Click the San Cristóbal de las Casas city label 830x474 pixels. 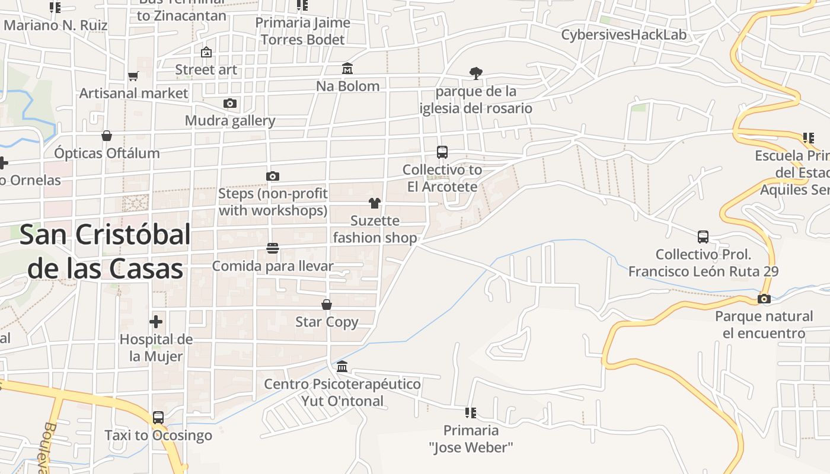pyautogui.click(x=106, y=252)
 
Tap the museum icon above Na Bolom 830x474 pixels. pyautogui.click(x=347, y=69)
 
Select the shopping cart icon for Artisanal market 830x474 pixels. pyautogui.click(x=133, y=76)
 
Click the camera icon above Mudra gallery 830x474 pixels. pyautogui.click(x=229, y=104)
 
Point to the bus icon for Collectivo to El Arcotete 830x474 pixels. pyautogui.click(x=442, y=152)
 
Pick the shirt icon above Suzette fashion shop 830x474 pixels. pyautogui.click(x=374, y=203)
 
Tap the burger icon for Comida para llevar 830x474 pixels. pyautogui.click(x=273, y=248)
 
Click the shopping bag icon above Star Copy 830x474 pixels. pyautogui.click(x=327, y=305)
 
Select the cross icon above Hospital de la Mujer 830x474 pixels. pyautogui.click(x=156, y=322)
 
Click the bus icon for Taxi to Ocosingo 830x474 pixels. pyautogui.click(x=158, y=418)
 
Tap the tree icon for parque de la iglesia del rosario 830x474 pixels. pyautogui.click(x=475, y=73)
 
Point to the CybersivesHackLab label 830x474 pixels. pyautogui.click(x=624, y=35)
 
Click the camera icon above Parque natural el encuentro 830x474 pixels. pyautogui.click(x=764, y=299)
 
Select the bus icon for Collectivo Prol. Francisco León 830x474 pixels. pyautogui.click(x=703, y=237)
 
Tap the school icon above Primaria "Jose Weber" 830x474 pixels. pyautogui.click(x=471, y=412)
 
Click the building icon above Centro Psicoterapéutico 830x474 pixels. pyautogui.click(x=342, y=366)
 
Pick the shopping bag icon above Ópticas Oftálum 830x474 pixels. pyautogui.click(x=107, y=136)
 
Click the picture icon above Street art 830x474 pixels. pyautogui.click(x=206, y=52)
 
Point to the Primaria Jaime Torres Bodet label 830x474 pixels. pyautogui.click(x=302, y=31)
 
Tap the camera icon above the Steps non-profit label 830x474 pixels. pyautogui.click(x=273, y=176)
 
